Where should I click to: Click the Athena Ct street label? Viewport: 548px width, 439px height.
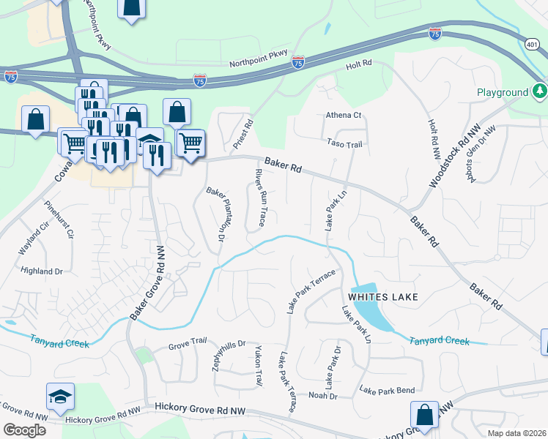[x=344, y=116]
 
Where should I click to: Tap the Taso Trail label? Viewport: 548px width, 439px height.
[x=344, y=145]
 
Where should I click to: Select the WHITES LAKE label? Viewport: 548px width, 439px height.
[x=383, y=297]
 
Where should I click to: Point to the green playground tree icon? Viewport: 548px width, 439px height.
[x=540, y=91]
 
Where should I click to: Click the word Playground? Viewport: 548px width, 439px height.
[x=503, y=93]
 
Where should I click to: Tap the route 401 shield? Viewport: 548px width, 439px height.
[x=532, y=45]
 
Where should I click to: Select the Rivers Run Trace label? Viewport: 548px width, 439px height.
[x=259, y=195]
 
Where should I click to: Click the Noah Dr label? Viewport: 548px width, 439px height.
[x=322, y=396]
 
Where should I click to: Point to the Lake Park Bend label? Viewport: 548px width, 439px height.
[x=387, y=390]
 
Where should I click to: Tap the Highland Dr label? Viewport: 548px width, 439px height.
[x=42, y=271]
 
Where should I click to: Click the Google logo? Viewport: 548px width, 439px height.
[x=24, y=429]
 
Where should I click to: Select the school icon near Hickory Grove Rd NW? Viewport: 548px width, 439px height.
[x=60, y=397]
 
